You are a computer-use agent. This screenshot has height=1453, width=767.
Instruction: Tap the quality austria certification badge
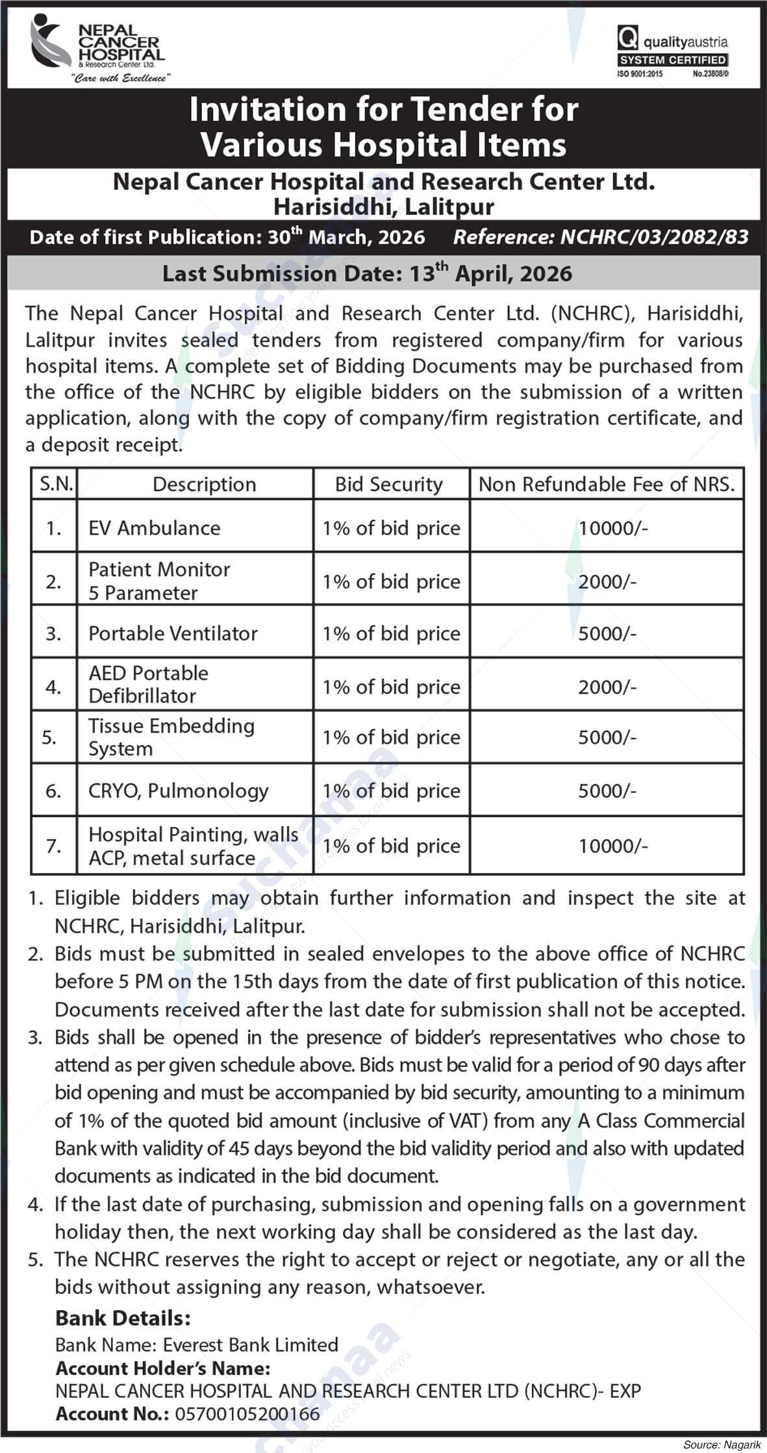[x=672, y=56]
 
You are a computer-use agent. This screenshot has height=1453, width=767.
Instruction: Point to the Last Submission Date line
[x=367, y=273]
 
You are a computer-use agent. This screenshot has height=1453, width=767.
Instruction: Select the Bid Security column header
[x=389, y=485]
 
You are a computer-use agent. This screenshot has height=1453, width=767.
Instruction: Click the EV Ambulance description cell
[x=155, y=527]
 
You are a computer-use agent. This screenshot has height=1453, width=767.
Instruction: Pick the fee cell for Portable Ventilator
[x=607, y=633]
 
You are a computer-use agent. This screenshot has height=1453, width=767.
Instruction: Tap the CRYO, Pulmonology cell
[x=179, y=790]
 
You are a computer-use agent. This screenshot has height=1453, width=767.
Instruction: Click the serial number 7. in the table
[x=53, y=846]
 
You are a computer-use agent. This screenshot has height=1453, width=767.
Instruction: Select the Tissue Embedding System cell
[x=171, y=737]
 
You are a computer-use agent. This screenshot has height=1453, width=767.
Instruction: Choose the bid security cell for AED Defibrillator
[x=391, y=687]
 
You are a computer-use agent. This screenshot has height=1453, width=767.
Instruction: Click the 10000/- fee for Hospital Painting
[x=613, y=846]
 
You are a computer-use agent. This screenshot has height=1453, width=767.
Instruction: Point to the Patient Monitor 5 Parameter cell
[x=159, y=581]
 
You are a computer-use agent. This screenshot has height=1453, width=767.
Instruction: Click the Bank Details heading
[x=123, y=1318]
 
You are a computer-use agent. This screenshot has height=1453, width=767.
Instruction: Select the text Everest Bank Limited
[x=251, y=1345]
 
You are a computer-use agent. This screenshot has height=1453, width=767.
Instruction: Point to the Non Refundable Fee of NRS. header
[x=607, y=485]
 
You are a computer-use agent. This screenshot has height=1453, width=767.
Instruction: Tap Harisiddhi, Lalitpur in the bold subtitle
[x=383, y=207]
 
